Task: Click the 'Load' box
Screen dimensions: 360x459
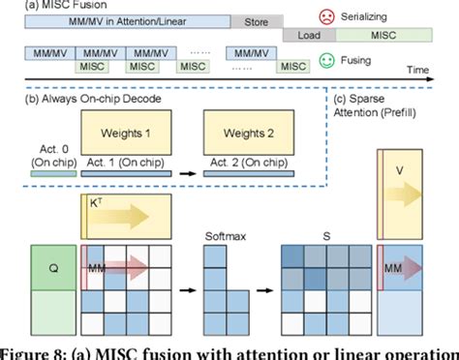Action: coord(310,36)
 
